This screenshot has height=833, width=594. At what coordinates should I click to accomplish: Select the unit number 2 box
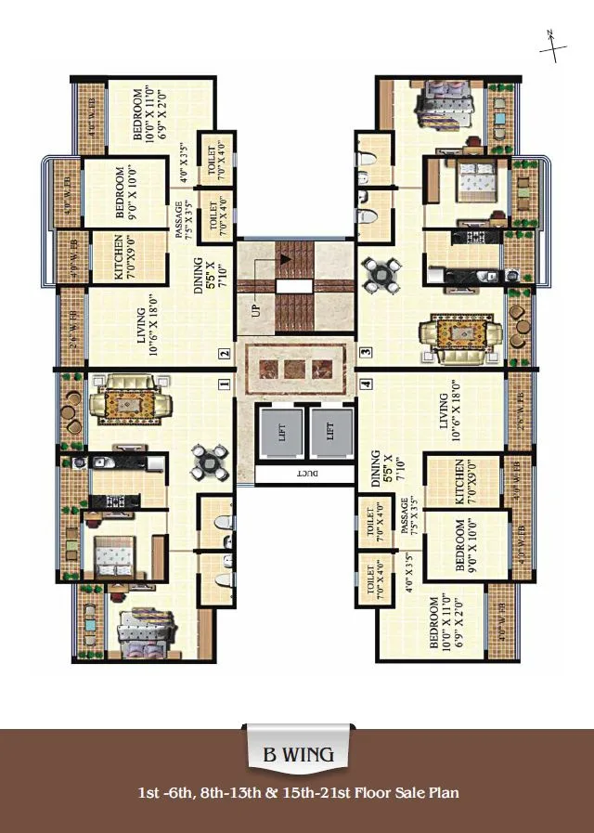pos(224,353)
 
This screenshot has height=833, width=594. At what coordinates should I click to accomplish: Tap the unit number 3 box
pos(367,352)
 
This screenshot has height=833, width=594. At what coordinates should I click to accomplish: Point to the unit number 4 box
pos(367,383)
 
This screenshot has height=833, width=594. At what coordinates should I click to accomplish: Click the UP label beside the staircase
pos(255,308)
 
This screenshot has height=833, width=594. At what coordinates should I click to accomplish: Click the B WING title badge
pos(297,754)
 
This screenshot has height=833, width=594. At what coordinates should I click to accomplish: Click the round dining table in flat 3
pos(381,271)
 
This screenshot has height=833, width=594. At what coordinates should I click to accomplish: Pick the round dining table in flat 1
pos(211,462)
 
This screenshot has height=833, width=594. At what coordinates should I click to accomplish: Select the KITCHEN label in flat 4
pos(460,481)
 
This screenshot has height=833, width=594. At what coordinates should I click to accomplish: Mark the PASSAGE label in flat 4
pos(406,523)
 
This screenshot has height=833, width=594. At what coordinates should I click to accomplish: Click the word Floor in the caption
pos(370,793)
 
